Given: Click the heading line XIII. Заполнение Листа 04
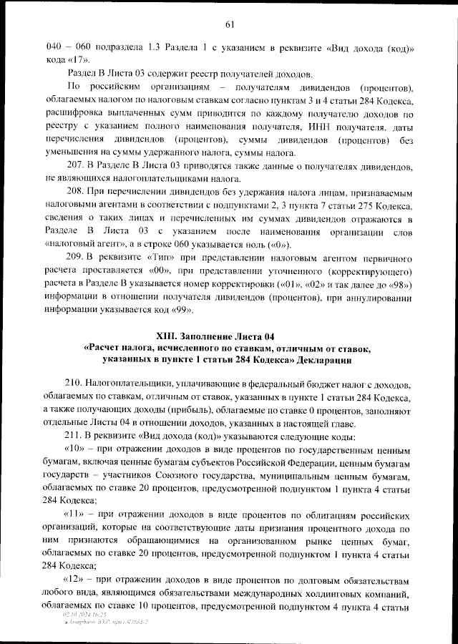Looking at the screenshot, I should tap(229, 336).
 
